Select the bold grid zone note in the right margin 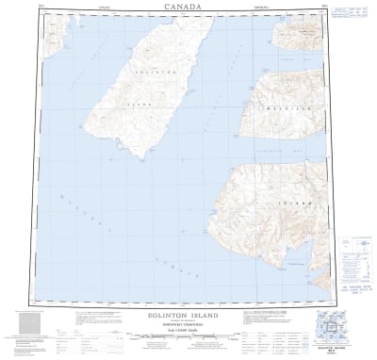[x=354, y=265]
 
